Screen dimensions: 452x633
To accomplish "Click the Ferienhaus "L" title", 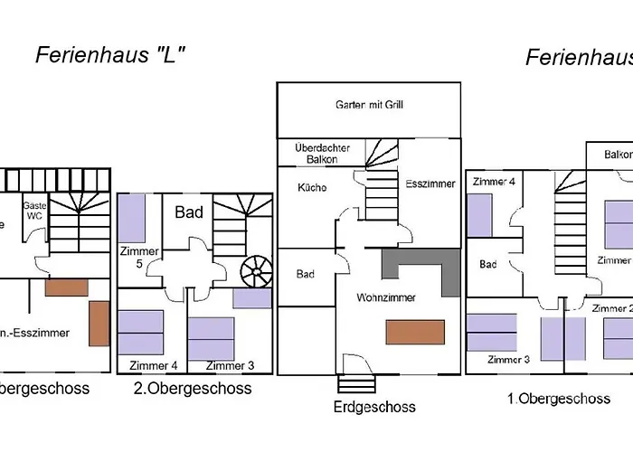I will [110, 55].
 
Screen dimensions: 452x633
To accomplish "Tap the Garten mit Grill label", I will [370, 105].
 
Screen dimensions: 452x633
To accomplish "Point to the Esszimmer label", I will [430, 184].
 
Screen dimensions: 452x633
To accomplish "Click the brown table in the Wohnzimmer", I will [415, 332].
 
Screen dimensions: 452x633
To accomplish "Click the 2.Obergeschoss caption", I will [193, 389].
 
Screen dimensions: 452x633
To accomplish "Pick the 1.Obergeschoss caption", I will [558, 398].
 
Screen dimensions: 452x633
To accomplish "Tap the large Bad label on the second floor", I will [189, 213].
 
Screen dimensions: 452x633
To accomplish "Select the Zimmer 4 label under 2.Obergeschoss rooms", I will [153, 365].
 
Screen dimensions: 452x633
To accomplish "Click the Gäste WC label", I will [34, 211].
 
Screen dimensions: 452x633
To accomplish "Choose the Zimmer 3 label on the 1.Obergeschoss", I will [507, 360].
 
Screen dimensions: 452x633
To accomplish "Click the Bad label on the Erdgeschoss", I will [306, 274].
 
